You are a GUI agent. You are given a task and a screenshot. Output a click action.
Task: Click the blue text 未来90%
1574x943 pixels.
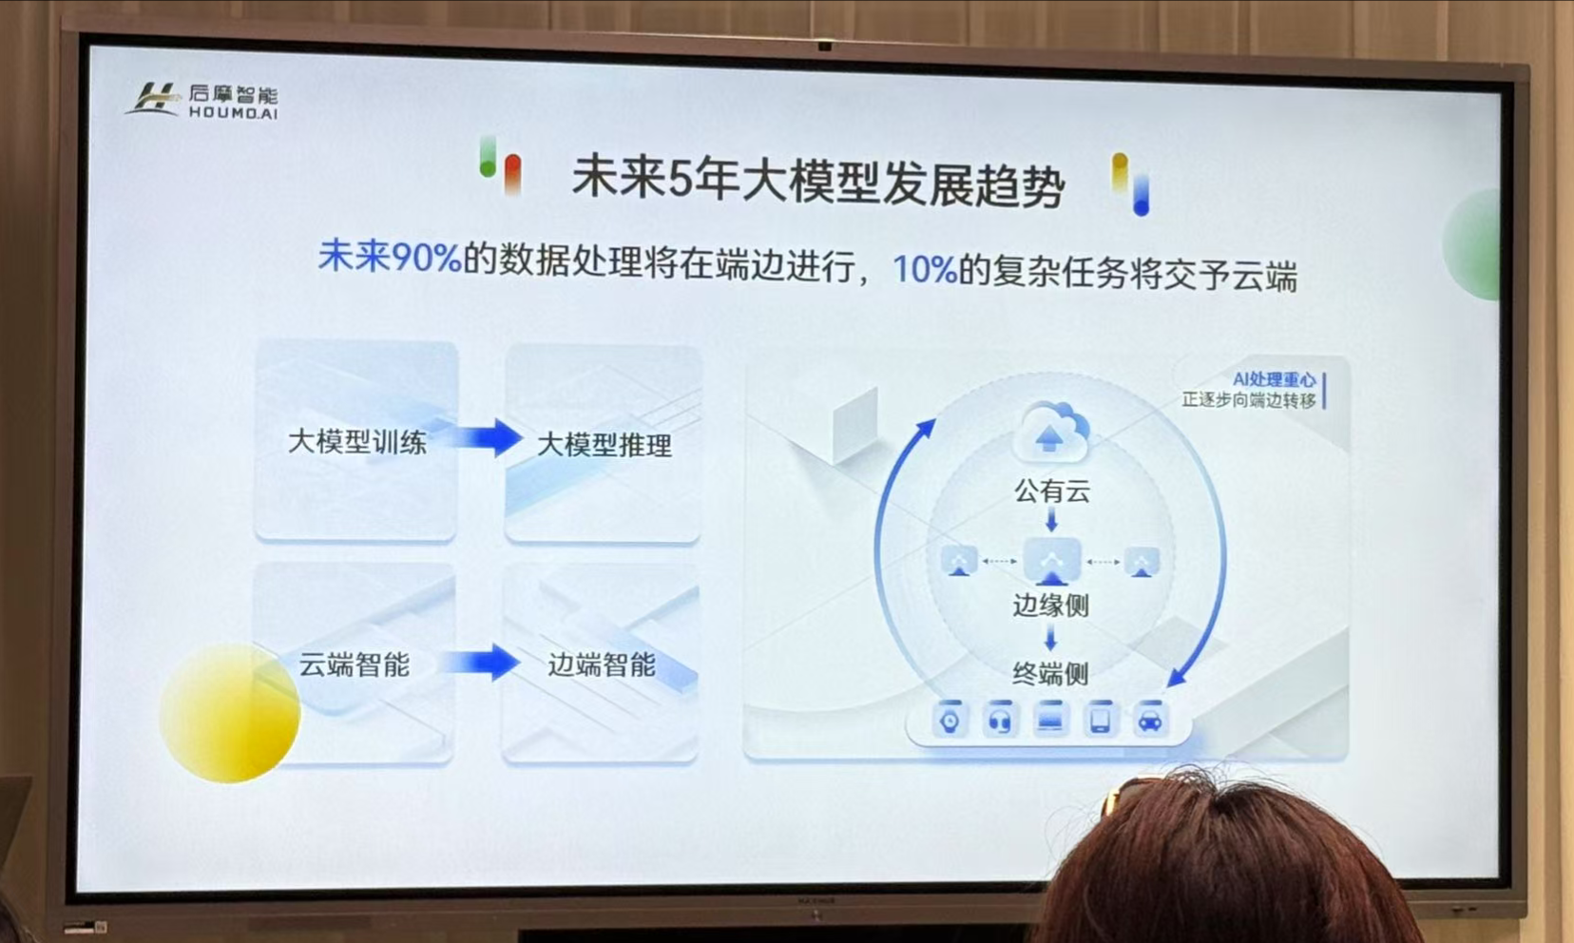tap(389, 257)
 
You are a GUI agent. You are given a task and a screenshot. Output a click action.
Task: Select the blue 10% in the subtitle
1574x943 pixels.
tap(923, 270)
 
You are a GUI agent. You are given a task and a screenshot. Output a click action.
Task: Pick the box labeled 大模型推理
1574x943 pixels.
tap(604, 445)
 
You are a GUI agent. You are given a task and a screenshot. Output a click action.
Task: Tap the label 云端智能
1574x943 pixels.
tap(354, 664)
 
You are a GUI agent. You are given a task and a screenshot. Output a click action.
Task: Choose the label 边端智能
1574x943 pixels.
tap(601, 664)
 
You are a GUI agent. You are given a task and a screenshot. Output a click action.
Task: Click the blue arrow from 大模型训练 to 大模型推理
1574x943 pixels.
tap(487, 438)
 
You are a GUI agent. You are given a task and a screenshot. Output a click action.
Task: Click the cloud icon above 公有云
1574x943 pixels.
tap(1050, 433)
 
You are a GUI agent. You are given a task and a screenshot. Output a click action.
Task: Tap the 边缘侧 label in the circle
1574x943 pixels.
tap(1050, 606)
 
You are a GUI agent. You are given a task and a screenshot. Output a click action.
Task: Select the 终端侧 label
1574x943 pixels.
tap(1050, 674)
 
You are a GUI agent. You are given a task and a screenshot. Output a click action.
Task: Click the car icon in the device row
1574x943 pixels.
tap(1150, 720)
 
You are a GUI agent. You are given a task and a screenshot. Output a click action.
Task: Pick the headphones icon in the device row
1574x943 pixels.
tap(999, 721)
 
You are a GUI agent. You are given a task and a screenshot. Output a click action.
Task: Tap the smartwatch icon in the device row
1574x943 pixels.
tap(950, 721)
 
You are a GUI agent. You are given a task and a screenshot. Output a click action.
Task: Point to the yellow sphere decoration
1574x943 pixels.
tap(229, 712)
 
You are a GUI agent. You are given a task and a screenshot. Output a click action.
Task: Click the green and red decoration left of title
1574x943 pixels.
tap(500, 165)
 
